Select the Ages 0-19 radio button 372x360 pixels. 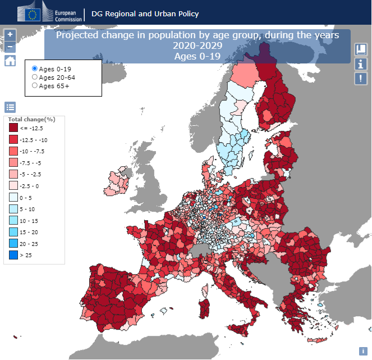35,69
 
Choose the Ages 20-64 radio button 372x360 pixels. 35,77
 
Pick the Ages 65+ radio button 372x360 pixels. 35,85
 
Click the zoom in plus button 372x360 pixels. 10,34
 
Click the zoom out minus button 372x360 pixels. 10,47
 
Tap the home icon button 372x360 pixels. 10,61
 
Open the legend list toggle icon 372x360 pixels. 10,107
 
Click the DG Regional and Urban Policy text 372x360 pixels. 145,13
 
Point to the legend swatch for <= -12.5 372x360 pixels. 13,128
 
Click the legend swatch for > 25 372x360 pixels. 13,255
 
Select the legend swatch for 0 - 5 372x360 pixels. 13,197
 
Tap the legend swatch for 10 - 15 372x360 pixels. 13,220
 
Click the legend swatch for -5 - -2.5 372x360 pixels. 13,174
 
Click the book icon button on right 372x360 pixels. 361,49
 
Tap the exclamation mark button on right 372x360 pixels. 361,79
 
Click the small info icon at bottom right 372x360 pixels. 363,351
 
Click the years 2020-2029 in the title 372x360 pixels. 197,45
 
